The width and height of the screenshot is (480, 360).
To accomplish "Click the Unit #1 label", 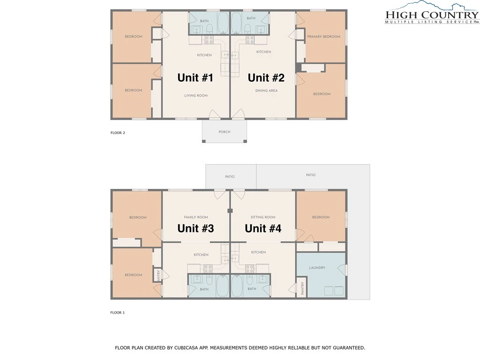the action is tap(195, 78).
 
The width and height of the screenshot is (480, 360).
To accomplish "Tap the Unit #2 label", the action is tap(266, 78).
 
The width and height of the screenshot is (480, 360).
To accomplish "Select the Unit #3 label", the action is tap(195, 228).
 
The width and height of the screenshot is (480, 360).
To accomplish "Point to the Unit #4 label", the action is tap(263, 228).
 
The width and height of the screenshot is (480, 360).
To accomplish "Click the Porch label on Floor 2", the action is tap(225, 132).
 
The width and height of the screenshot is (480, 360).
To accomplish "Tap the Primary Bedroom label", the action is tap(323, 37).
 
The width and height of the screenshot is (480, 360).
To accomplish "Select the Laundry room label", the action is tap(317, 268).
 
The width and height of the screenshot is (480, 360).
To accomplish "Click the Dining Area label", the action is tap(266, 90).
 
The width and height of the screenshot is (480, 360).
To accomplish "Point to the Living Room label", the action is tap(196, 96).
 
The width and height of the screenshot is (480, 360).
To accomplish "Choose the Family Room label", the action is tap(196, 217).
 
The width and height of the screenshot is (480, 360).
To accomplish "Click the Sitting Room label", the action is tap(263, 217).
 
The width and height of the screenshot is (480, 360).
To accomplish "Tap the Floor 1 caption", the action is tap(118, 313).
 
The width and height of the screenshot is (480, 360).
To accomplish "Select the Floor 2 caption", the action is tap(118, 133).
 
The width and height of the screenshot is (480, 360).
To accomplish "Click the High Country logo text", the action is tap(432, 15).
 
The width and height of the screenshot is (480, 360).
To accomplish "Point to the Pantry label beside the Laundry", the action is tap(302, 288).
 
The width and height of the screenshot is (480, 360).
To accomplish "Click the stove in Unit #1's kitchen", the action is tap(209, 40).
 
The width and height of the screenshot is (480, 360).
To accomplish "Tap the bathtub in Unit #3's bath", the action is tap(223, 286).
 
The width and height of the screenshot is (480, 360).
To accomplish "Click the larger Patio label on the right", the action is tap(311, 175).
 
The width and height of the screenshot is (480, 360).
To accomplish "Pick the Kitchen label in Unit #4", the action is tap(258, 252).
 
